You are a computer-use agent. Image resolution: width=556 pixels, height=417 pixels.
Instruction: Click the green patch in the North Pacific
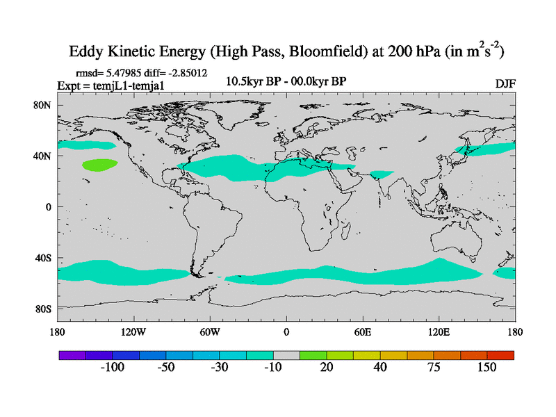99,165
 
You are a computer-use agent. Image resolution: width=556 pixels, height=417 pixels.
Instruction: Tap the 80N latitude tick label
43,105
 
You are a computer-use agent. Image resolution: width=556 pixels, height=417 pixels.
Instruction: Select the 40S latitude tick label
43,258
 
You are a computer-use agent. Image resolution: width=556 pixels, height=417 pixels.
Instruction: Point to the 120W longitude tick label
133,332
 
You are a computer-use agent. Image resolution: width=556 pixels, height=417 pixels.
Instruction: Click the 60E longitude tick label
363,332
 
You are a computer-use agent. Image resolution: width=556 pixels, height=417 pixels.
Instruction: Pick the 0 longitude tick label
286,332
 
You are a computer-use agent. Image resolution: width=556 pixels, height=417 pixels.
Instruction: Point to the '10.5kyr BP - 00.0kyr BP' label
286,81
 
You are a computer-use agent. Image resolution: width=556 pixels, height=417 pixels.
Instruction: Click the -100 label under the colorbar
112,368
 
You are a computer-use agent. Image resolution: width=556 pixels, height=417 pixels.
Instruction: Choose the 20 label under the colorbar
327,368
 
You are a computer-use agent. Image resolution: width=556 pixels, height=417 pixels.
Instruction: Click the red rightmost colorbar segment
500,354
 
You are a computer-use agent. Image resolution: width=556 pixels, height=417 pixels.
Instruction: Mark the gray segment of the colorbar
286,354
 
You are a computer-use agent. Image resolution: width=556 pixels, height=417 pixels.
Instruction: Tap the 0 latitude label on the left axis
48,207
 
